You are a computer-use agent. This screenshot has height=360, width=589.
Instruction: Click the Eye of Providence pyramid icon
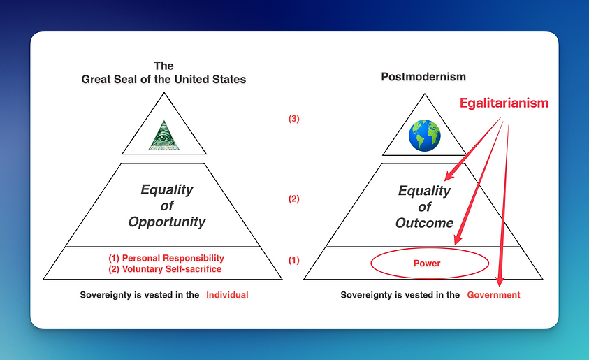pos(163,136)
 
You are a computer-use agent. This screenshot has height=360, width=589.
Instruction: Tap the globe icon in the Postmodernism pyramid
pos(425,136)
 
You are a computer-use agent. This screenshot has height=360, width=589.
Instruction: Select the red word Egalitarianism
pos(504,103)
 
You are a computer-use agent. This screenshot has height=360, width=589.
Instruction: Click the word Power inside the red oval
pos(427,264)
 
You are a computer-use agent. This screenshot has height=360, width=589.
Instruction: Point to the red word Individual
pos(227,295)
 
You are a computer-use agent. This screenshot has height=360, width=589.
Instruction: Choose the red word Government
pos(493,295)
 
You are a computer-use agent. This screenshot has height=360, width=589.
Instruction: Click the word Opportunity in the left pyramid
pos(167,222)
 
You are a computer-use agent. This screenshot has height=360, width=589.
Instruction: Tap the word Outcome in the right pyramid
pos(425,223)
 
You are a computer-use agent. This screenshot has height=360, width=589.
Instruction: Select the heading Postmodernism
pos(423,77)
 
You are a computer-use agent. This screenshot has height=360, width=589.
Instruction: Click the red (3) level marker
pos(293,119)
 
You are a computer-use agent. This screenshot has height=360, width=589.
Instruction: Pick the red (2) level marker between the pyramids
pos(293,199)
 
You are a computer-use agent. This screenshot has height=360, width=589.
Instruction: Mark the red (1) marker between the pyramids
pos(293,260)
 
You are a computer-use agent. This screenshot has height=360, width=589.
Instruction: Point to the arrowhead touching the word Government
pos(500,281)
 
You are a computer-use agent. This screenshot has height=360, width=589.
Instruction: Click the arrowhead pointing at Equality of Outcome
pos(450,175)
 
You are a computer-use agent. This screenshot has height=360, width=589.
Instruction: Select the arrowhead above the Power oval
pos(458,239)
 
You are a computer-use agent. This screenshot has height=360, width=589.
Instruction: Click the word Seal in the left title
pos(124,80)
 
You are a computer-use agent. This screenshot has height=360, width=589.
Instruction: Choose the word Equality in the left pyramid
pos(167,189)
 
